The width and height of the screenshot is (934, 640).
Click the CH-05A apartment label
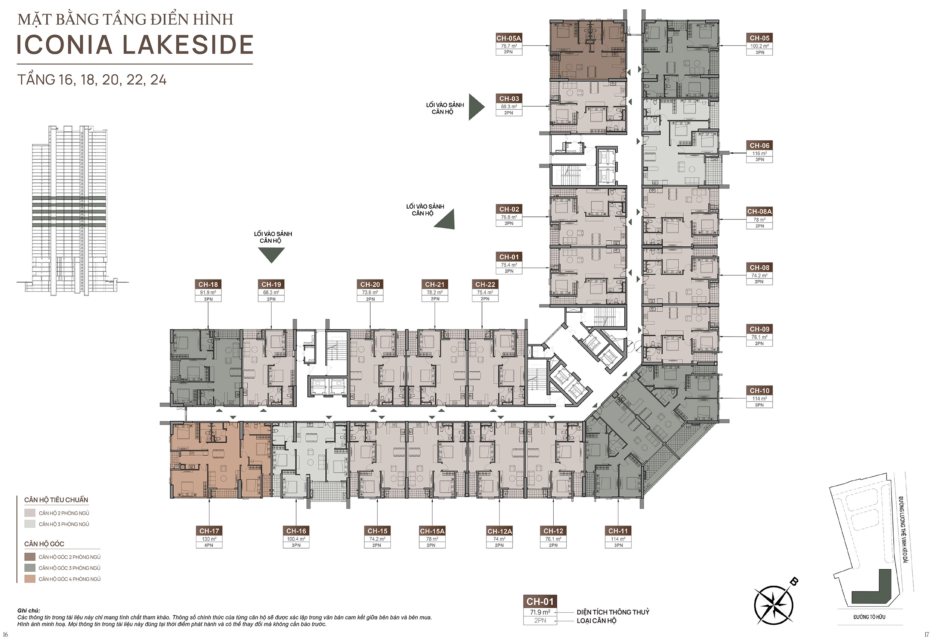508,38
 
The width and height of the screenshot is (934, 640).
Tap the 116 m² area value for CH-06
759,153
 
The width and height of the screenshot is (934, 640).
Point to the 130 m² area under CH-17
209,539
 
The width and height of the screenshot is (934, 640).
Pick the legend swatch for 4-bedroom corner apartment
30,579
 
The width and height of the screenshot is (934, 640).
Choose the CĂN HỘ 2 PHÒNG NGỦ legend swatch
30,513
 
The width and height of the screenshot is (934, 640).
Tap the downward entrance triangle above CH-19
271,255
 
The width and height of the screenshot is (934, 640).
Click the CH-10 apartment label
759,391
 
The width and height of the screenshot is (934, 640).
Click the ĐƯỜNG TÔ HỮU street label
869,617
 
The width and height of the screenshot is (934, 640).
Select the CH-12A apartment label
500,531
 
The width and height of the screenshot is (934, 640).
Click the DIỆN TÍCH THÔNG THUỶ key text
613,612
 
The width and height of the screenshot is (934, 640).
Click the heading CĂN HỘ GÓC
44,544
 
